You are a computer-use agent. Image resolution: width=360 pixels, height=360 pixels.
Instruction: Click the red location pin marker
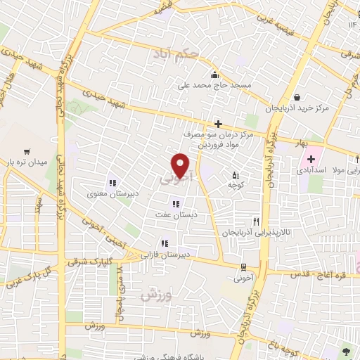click(x=181, y=165)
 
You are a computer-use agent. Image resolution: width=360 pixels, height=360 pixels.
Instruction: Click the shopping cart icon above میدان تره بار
click(x=27, y=150)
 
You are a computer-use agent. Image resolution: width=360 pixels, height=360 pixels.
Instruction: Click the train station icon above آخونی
click(x=243, y=267)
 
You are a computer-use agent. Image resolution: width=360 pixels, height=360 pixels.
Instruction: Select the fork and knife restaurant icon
click(x=266, y=221)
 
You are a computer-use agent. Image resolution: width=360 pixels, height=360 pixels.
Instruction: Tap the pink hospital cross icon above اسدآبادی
click(x=311, y=160)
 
